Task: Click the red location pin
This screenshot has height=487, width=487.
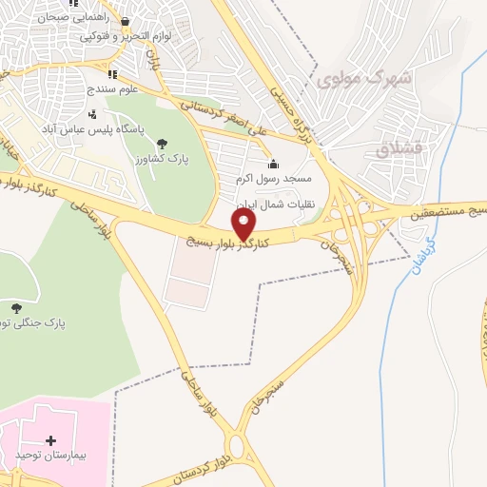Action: click(244, 224)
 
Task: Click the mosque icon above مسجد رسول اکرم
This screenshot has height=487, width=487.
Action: click(273, 164)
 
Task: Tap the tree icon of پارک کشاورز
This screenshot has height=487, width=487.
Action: click(159, 143)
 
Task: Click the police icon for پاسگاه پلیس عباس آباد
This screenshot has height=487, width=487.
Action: click(92, 114)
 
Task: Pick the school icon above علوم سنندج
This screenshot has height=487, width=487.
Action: click(111, 73)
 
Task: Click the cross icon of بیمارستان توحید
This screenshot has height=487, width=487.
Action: click(50, 441)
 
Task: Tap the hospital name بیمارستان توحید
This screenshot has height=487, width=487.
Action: click(51, 458)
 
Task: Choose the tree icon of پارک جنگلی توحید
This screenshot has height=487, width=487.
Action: click(16, 307)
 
